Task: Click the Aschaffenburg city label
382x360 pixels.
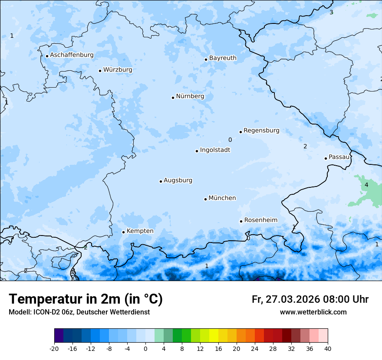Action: tap(72, 55)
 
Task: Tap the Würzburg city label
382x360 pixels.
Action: tap(118, 70)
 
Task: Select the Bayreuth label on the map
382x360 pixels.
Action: tap(223, 58)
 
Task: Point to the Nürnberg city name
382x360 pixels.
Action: tap(190, 96)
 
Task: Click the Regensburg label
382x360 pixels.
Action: tap(261, 131)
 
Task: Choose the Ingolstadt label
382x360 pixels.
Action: tap(215, 150)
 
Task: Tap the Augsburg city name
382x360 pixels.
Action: tap(178, 180)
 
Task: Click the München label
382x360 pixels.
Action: tap(222, 198)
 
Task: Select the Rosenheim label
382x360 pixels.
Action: tap(260, 220)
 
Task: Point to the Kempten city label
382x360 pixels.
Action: tap(140, 231)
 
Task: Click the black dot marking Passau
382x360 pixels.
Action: tap(326, 158)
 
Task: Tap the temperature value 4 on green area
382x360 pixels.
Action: tap(366, 185)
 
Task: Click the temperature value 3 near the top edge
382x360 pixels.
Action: tap(331, 13)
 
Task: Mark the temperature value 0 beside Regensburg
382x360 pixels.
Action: tap(230, 140)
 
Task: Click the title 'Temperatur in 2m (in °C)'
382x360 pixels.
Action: tap(86, 299)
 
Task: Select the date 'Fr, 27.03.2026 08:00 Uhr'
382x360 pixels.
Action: tap(310, 300)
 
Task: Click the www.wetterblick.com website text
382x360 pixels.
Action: tap(313, 312)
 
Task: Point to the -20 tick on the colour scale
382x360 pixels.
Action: tap(54, 349)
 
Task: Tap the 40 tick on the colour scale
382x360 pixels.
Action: tap(328, 349)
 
